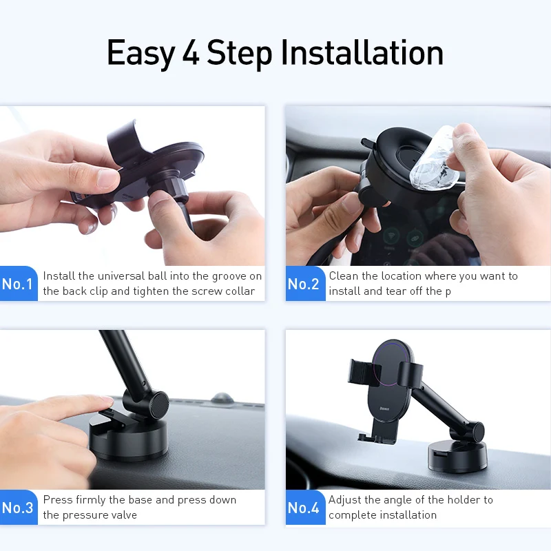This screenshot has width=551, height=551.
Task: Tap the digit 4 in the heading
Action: (x=191, y=54)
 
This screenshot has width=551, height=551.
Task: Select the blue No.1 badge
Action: (x=19, y=284)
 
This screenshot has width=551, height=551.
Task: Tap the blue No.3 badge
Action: (x=19, y=508)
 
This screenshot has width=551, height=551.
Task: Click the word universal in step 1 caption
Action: (x=123, y=276)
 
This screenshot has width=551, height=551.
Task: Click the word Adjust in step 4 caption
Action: (x=345, y=500)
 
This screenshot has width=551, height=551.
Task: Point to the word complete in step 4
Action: (x=351, y=515)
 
